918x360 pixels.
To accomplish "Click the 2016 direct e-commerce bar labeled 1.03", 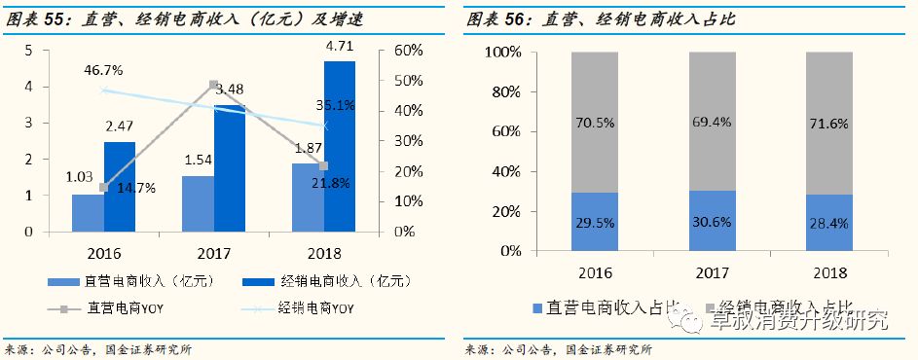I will [87, 213].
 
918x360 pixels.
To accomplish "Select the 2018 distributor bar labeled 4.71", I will [340, 146].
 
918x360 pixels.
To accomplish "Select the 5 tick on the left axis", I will [28, 51].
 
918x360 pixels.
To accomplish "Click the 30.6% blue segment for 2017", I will [712, 221].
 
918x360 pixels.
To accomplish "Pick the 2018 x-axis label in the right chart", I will [829, 272].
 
